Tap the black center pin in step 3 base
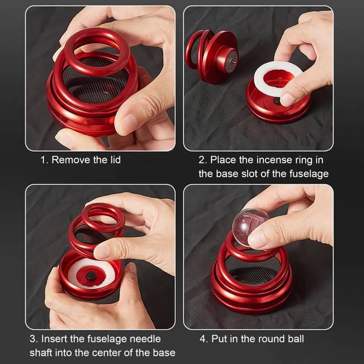pos(91,276)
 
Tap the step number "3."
pos(34,339)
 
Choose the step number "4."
pos(204,339)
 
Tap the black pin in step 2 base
pos(277,101)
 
